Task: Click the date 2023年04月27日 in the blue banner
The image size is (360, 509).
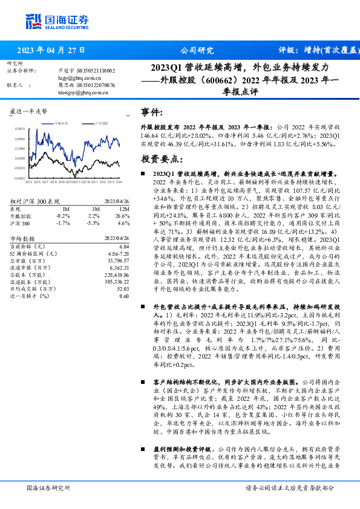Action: point(51,50)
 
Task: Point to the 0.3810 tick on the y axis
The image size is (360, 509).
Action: point(20,128)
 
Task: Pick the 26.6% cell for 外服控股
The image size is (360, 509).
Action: point(123,215)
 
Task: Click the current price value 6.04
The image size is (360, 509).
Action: point(123,247)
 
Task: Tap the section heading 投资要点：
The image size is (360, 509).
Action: point(161,160)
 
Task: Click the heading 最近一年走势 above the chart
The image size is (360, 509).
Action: point(29,112)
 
